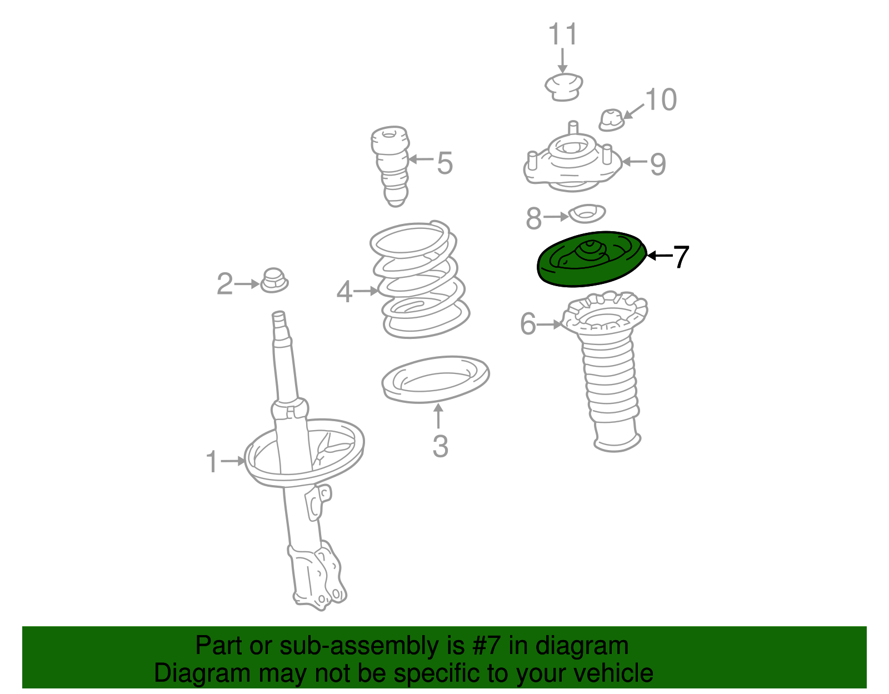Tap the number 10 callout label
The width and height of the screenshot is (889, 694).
(x=661, y=99)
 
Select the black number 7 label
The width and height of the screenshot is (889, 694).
(x=681, y=256)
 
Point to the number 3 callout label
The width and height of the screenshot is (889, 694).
(x=440, y=446)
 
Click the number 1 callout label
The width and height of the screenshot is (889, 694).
(x=212, y=462)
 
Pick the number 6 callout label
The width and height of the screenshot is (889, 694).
(x=528, y=323)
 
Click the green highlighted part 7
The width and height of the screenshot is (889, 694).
(x=591, y=259)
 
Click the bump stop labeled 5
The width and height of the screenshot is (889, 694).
(x=390, y=166)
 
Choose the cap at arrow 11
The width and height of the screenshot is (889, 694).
(x=564, y=87)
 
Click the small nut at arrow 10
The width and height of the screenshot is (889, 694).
(x=612, y=120)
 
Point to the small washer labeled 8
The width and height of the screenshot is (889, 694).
(x=587, y=214)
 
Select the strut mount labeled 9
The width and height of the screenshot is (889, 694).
(x=572, y=162)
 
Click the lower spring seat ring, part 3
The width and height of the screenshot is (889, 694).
(x=435, y=379)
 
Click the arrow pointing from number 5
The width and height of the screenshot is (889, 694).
(x=421, y=159)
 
